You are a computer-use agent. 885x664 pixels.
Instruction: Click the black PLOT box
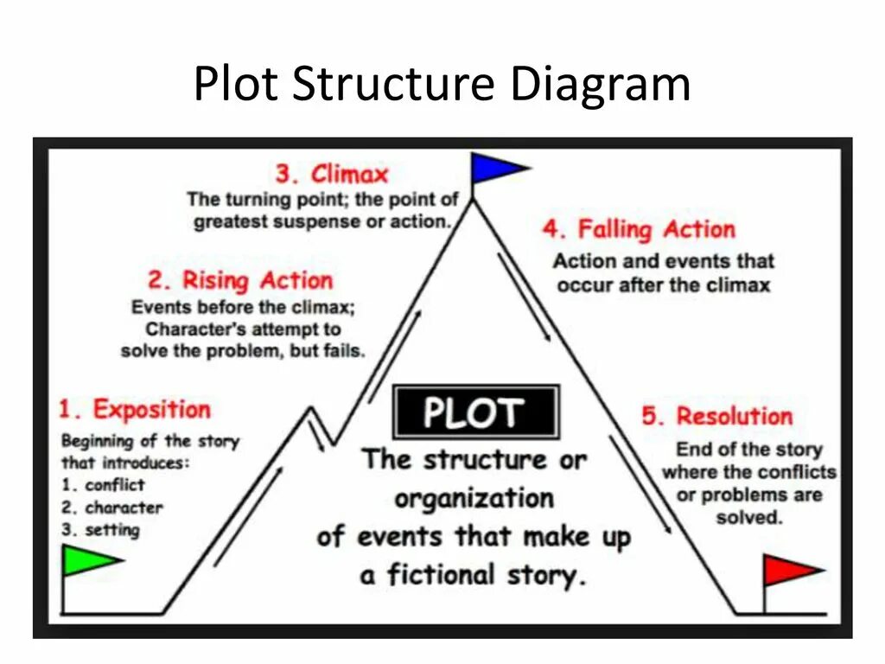pos(474,413)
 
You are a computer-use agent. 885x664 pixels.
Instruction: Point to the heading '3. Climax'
pos(332,174)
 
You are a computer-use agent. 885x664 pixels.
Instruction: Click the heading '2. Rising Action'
pos(240,281)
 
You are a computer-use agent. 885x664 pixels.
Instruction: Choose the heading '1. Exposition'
pos(135,409)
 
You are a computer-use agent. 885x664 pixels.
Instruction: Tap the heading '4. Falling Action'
pos(639,230)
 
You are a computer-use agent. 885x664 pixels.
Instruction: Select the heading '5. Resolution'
pos(716,416)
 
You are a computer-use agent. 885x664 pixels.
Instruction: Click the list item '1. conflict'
pos(103,485)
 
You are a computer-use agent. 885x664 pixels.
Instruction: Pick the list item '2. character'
pos(111,508)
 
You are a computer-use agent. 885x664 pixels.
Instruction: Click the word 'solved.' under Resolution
pos(749,518)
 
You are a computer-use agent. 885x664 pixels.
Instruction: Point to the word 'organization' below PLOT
pos(474,499)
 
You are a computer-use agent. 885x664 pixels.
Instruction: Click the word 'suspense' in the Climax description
pos(303,221)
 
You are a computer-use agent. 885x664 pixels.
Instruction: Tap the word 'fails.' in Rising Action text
pos(343,351)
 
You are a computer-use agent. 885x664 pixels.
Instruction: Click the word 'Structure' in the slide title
pos(393,85)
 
